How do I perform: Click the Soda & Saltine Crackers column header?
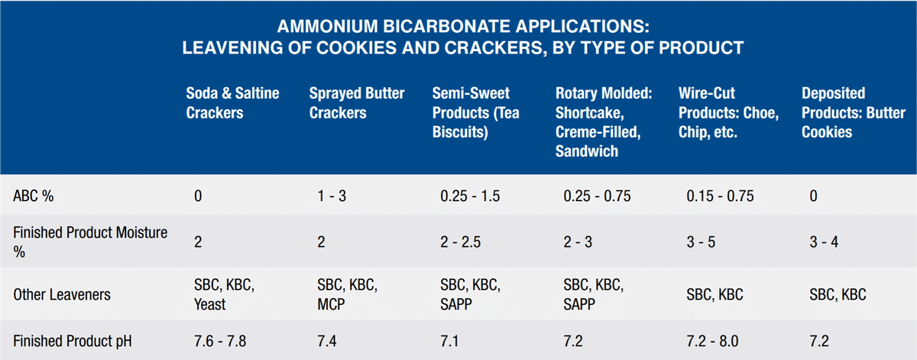(x=232, y=102)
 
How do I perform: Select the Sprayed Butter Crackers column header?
(x=357, y=102)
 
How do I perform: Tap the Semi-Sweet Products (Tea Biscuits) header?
(x=475, y=112)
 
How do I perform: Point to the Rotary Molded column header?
(x=604, y=122)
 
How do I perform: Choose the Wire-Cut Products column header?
(x=728, y=112)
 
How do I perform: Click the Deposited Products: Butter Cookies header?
(x=853, y=112)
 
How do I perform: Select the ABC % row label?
(x=33, y=196)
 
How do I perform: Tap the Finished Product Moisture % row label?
(x=90, y=242)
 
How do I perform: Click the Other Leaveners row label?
(x=62, y=294)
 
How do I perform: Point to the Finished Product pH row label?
(x=73, y=341)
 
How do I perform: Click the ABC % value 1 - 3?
(x=332, y=196)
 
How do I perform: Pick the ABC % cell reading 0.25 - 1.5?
(x=470, y=196)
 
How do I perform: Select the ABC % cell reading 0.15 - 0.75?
(x=720, y=196)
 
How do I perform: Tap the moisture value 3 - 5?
(x=701, y=242)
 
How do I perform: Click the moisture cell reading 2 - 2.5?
(x=461, y=242)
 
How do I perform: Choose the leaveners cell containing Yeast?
(x=225, y=294)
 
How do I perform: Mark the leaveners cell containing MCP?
(x=347, y=294)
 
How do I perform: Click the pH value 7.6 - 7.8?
(x=220, y=341)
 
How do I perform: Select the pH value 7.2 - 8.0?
(x=712, y=341)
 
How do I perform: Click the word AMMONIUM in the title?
(x=327, y=27)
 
